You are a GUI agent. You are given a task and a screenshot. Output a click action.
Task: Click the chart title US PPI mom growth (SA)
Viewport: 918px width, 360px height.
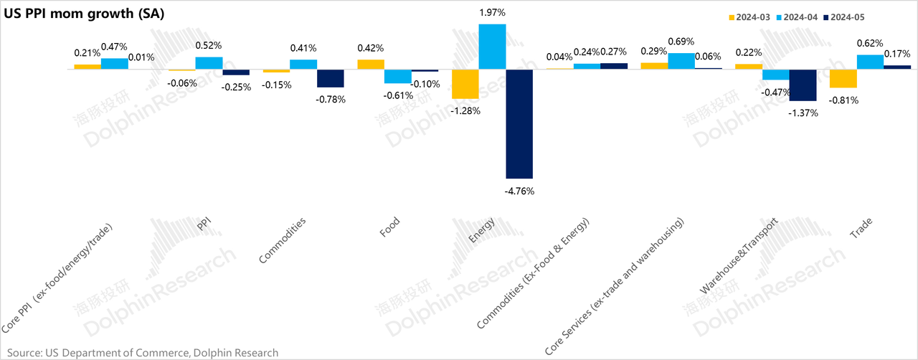click(84, 14)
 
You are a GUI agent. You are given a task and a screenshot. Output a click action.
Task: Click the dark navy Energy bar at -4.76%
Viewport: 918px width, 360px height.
click(519, 123)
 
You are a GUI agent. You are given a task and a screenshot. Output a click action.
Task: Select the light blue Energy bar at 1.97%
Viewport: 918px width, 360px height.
click(492, 47)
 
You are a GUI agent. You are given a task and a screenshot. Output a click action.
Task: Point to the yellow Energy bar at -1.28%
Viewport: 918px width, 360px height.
click(465, 84)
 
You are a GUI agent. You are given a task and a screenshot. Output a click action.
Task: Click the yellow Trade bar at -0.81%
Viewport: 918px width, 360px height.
click(843, 78)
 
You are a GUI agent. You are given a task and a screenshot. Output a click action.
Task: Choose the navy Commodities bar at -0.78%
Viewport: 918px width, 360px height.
click(331, 78)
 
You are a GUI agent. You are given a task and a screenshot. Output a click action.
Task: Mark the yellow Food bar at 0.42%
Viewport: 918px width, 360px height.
click(371, 64)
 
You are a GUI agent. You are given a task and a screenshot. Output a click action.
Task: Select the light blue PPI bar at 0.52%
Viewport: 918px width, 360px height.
click(209, 62)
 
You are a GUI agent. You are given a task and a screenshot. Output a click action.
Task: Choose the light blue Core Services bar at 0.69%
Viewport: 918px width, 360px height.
click(681, 61)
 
